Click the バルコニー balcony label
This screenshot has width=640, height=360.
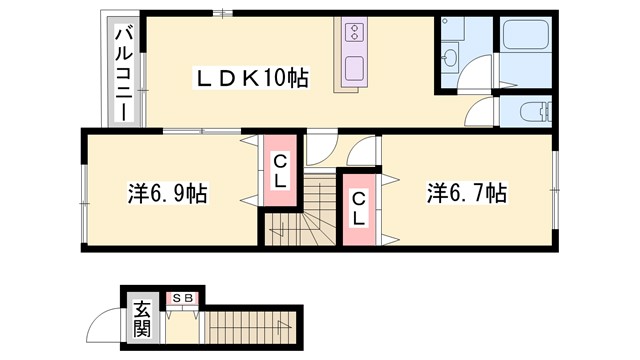[124, 73]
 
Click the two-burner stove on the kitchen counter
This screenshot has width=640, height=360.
[355, 33]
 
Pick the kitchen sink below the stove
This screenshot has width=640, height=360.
[355, 68]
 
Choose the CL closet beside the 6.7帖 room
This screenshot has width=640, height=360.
[358, 210]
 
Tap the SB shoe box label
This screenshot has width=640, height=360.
[182, 298]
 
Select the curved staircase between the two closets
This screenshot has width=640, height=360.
[300, 210]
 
